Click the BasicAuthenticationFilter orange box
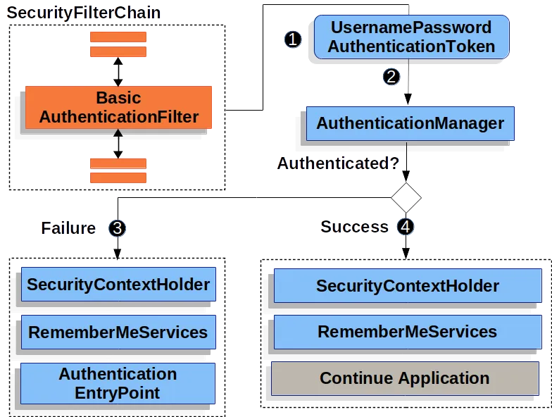(x=118, y=107)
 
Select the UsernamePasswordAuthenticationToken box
(x=411, y=37)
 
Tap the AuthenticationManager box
(x=410, y=124)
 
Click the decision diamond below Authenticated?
(x=406, y=197)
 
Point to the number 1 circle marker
(x=293, y=39)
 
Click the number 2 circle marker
(x=391, y=77)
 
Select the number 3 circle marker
(x=117, y=228)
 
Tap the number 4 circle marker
(x=406, y=227)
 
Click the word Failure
(x=68, y=228)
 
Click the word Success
(x=355, y=227)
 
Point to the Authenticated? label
(x=338, y=163)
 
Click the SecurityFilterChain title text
(x=84, y=13)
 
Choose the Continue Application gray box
(x=405, y=378)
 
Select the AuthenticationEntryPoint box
(x=118, y=383)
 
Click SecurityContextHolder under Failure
(x=118, y=285)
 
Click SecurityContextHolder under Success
(x=408, y=286)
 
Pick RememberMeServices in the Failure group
(x=118, y=332)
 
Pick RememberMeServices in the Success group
(x=408, y=332)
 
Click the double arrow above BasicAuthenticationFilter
(x=118, y=72)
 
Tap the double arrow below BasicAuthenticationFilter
(x=118, y=144)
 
